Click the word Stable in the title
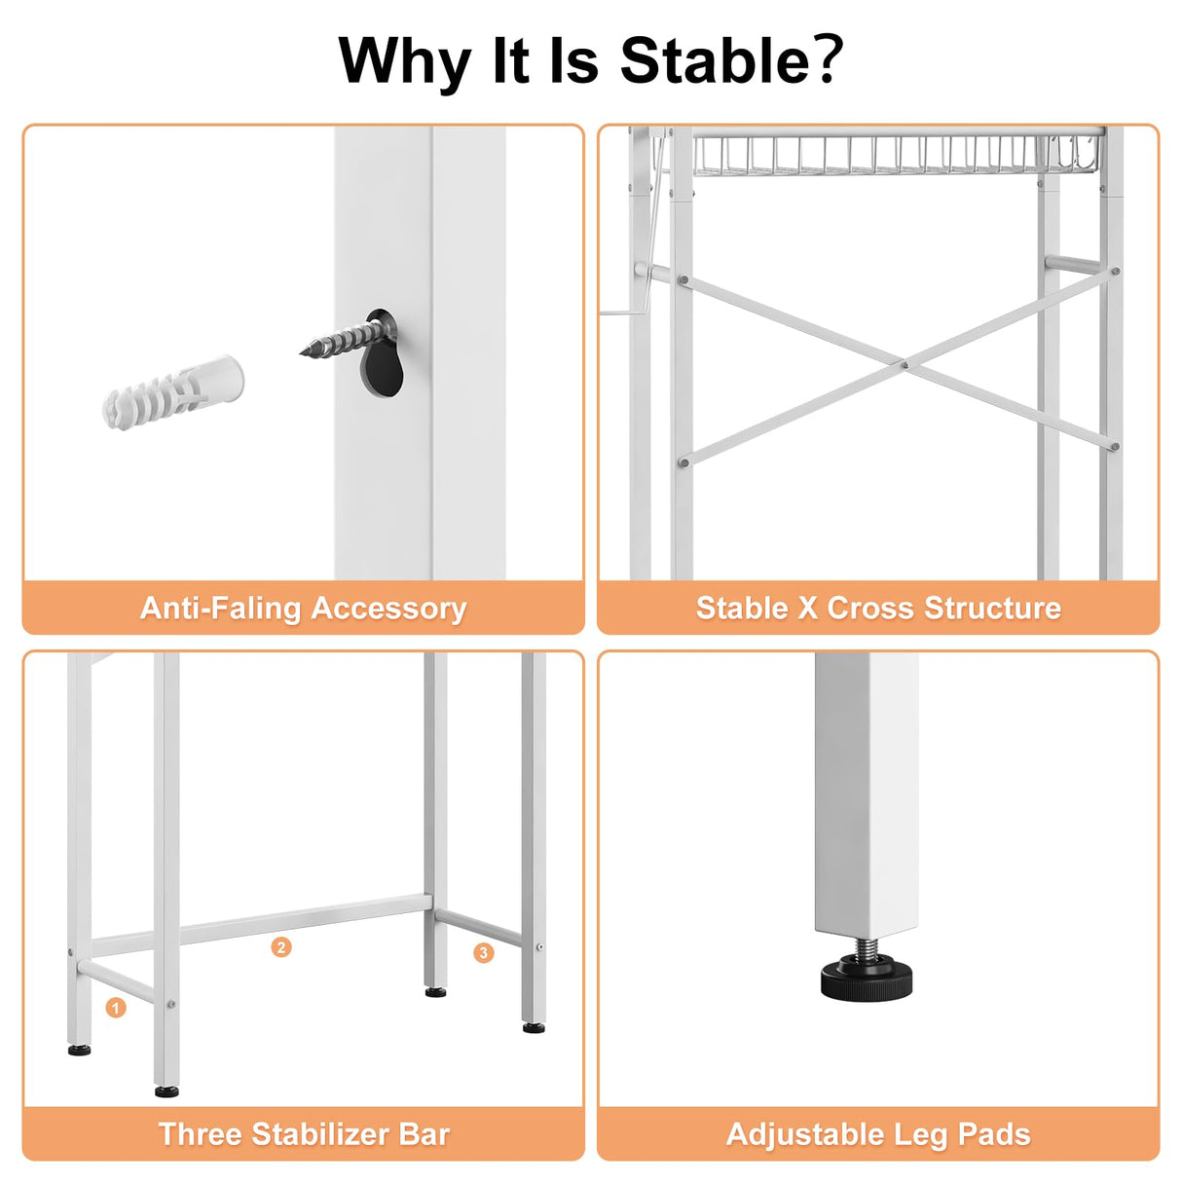(715, 60)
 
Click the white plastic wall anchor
(172, 392)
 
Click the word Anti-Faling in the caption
(221, 608)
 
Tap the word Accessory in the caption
(388, 609)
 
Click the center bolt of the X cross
(905, 365)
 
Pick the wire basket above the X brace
(898, 154)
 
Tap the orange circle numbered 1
(115, 1007)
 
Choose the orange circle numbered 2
(281, 947)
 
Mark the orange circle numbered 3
(483, 952)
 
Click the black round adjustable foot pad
(867, 982)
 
